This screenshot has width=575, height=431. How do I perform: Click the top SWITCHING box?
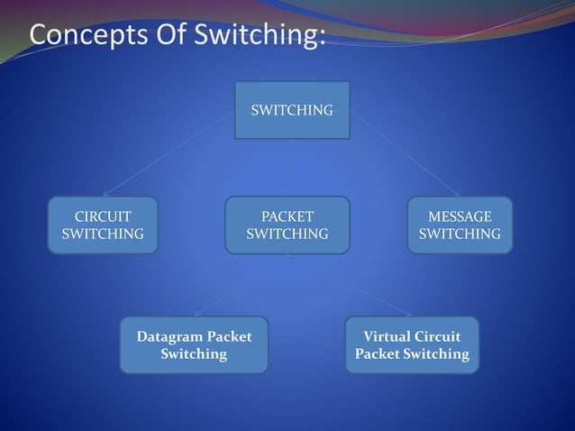coord(291,110)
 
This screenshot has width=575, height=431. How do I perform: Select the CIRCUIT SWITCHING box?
coord(102,225)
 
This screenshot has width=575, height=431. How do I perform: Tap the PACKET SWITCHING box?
coord(287,225)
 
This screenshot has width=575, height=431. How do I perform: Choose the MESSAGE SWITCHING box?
coord(460,225)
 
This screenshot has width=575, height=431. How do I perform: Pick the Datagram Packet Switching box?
coord(194,344)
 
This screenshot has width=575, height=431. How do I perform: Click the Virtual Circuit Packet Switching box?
coord(412,344)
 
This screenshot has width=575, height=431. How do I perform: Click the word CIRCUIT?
coord(102,216)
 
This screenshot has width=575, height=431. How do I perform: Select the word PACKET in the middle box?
coord(287,216)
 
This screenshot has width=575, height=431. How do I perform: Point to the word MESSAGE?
coord(460,216)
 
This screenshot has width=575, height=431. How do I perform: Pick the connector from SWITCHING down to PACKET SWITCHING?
coord(290,168)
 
